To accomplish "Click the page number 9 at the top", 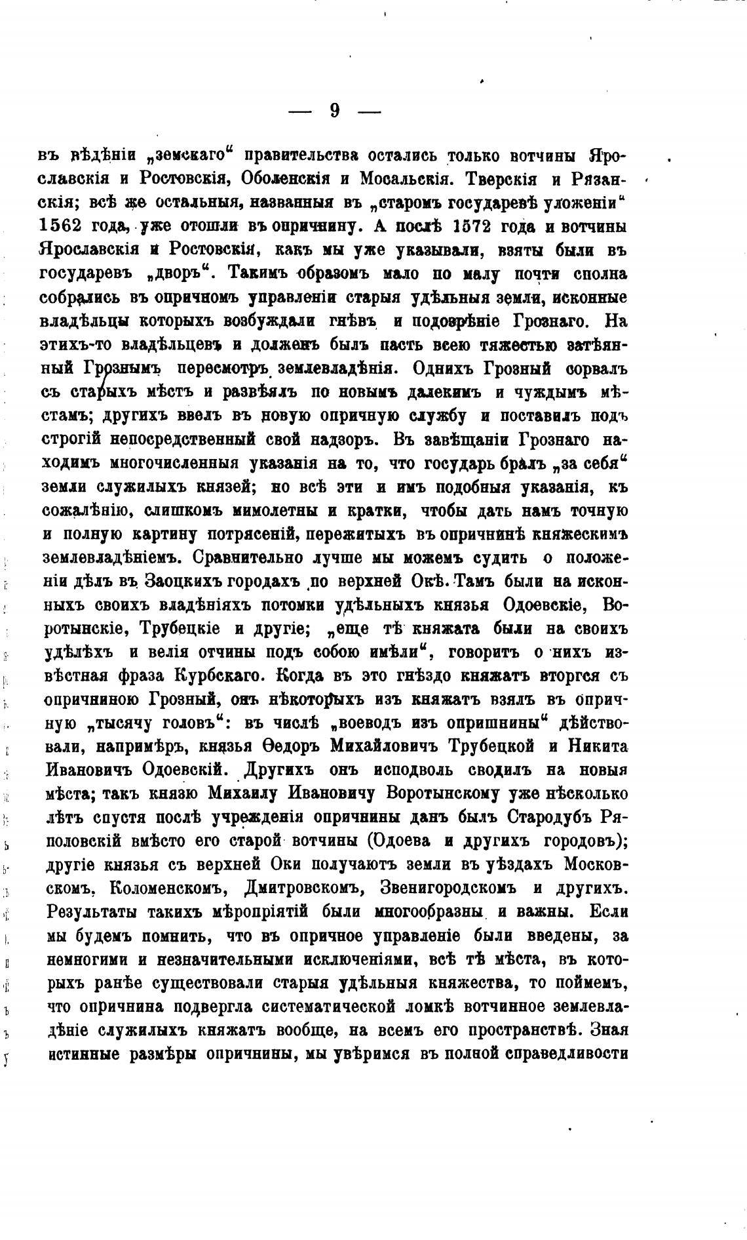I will tap(335, 111).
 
